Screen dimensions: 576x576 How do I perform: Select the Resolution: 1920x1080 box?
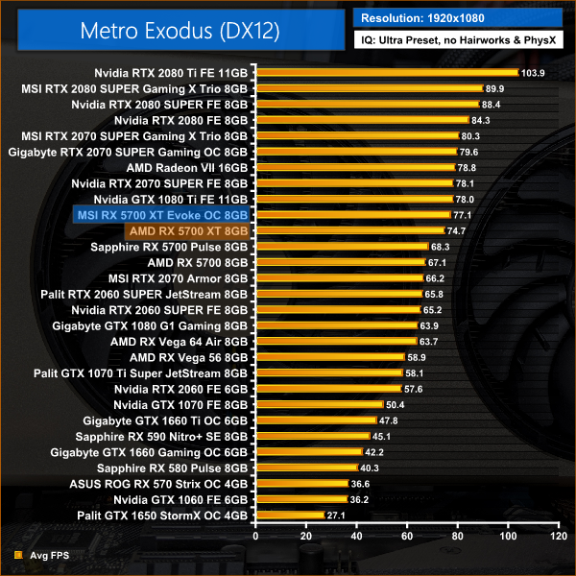(462, 18)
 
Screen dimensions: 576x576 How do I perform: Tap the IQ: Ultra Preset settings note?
(462, 40)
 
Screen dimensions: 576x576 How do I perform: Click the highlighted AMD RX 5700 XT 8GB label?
(187, 230)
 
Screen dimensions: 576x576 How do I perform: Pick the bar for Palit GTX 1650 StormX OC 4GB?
(288, 516)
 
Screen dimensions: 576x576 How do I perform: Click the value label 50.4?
(397, 404)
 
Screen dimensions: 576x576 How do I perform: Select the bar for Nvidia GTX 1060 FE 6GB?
(300, 499)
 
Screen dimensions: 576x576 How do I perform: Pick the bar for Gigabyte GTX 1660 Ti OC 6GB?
(315, 420)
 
